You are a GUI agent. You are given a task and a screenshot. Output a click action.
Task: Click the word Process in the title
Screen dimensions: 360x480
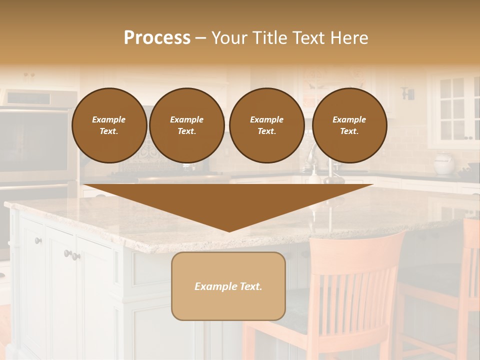coord(157,38)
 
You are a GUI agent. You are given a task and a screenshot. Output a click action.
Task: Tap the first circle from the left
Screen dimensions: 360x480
coord(109,125)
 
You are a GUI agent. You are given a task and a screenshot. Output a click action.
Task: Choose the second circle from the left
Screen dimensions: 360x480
coord(186,125)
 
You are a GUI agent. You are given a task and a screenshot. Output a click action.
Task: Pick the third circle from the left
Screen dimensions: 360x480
coord(266,125)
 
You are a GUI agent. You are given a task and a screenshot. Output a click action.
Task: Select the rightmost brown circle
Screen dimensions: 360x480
coord(349,125)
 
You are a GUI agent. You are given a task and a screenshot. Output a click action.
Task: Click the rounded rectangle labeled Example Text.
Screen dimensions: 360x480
coord(228,286)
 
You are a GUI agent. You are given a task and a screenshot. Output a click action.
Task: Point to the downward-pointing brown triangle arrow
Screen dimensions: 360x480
coord(228,202)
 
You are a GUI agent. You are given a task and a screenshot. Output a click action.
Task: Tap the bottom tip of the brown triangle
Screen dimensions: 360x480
coord(229,230)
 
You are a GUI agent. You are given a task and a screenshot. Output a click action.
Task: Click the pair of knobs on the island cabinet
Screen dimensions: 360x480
coord(72,255)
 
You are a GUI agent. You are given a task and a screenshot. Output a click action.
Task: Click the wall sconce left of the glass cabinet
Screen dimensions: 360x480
coord(408,93)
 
